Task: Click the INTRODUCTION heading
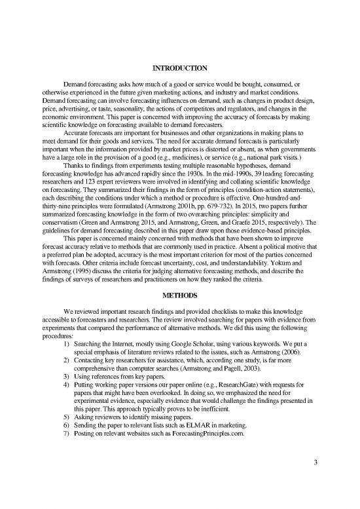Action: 179,68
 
